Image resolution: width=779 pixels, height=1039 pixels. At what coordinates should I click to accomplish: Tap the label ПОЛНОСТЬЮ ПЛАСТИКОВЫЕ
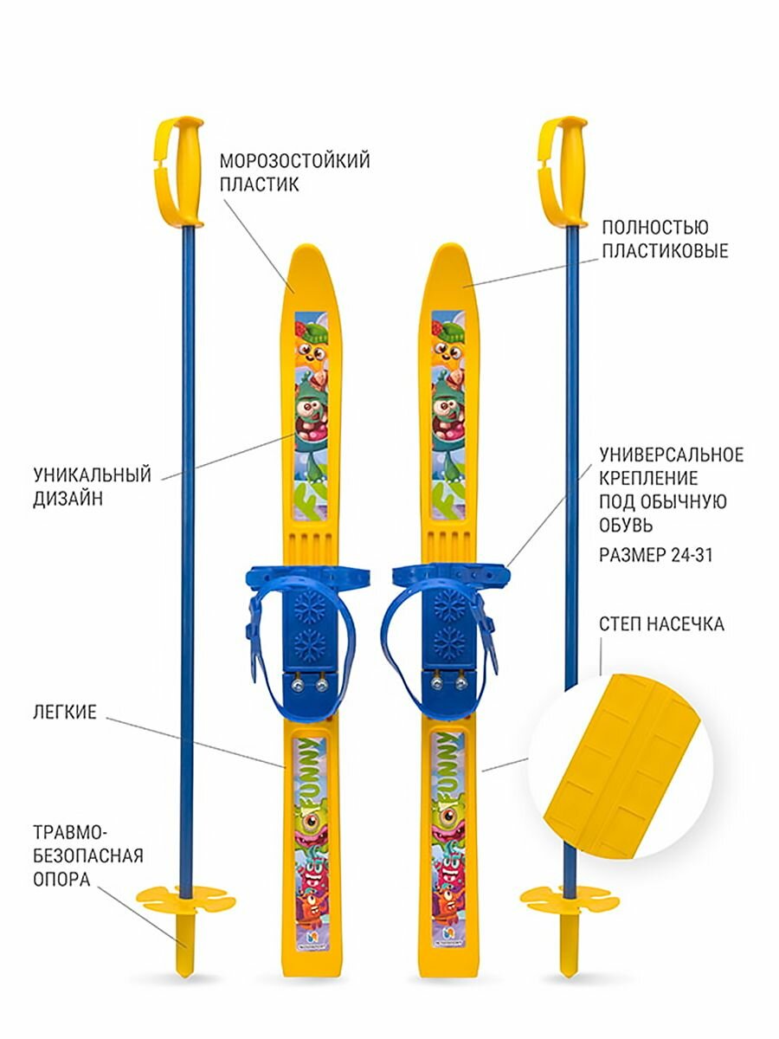click(665, 239)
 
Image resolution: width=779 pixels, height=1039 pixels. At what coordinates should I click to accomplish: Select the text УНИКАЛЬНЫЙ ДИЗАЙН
click(93, 487)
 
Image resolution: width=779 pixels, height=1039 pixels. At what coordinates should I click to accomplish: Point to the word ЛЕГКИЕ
click(66, 714)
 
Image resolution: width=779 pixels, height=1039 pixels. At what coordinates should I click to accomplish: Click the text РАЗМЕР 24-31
click(655, 555)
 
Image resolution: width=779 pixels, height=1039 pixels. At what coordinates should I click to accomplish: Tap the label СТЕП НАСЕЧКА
click(661, 624)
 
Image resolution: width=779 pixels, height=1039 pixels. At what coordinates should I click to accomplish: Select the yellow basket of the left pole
click(185, 900)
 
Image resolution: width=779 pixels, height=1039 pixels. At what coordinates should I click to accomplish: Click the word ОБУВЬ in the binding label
click(623, 526)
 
